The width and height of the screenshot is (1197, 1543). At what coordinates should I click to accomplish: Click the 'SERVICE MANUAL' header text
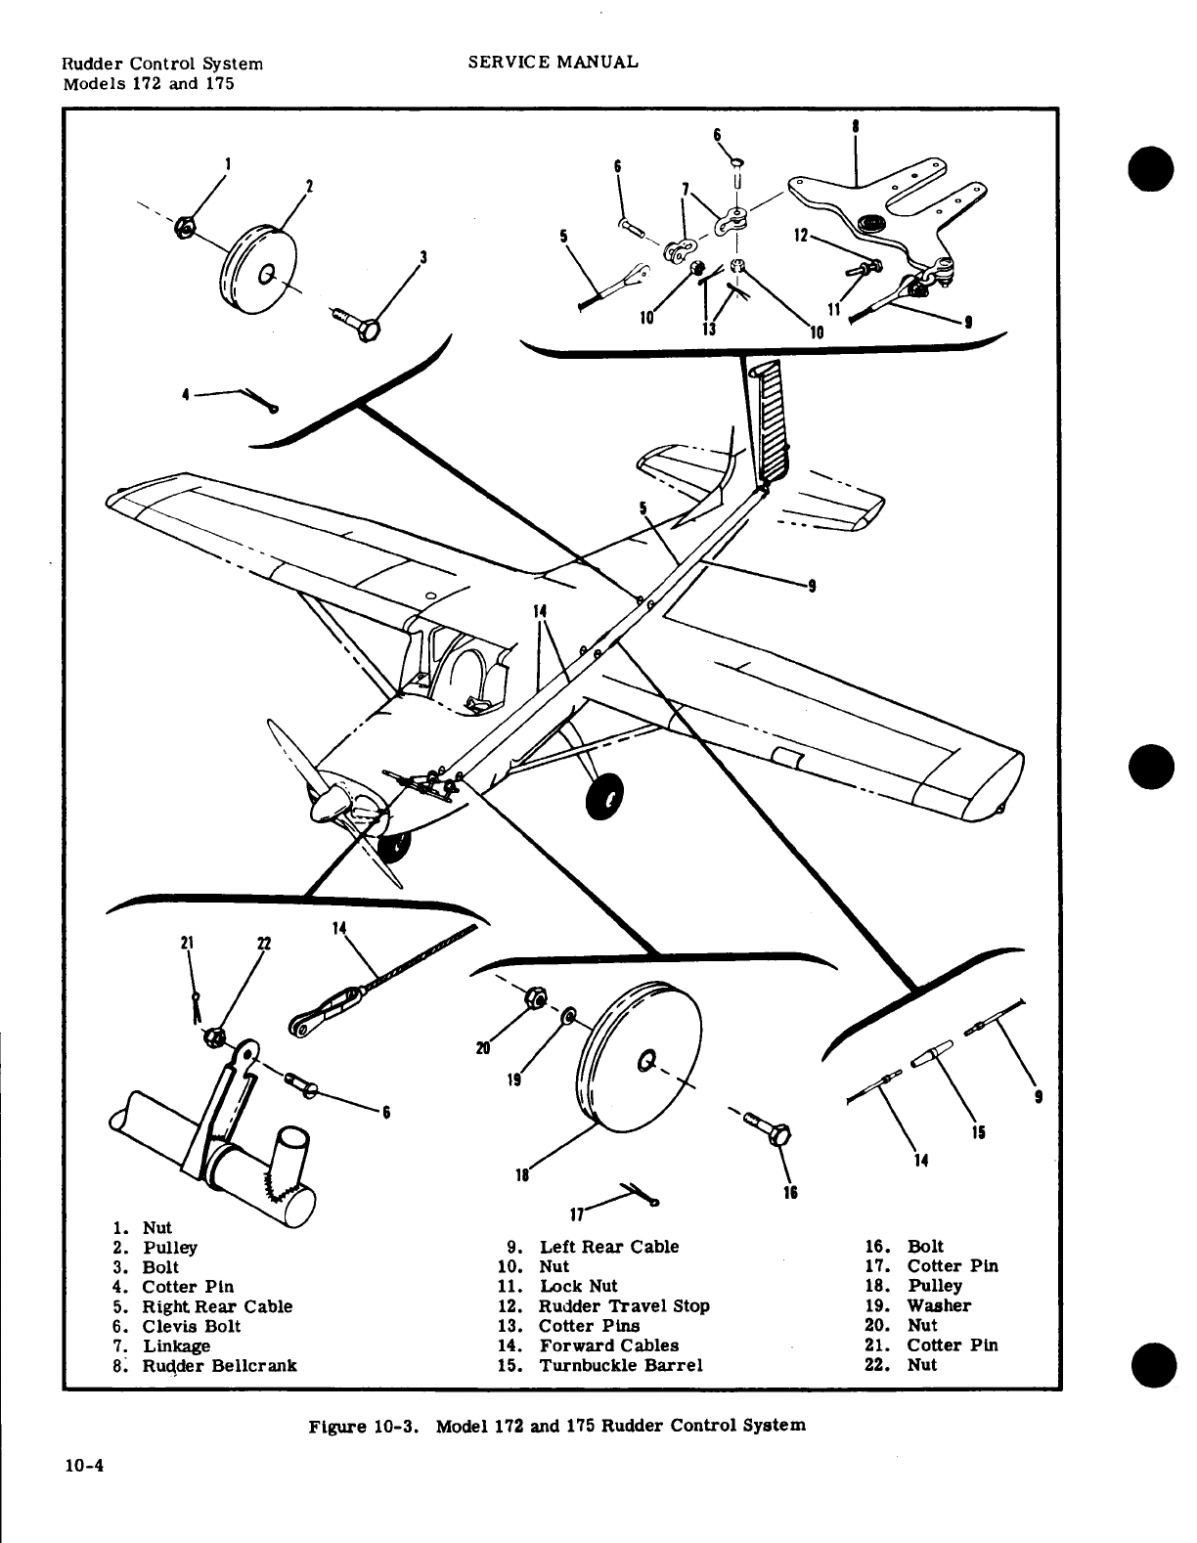click(x=553, y=62)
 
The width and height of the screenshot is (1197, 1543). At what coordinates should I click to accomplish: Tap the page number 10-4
click(x=83, y=1465)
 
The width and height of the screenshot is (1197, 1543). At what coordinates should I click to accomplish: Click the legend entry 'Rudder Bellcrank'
click(x=219, y=1365)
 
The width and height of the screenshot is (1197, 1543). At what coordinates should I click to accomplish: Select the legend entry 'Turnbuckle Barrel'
click(x=620, y=1365)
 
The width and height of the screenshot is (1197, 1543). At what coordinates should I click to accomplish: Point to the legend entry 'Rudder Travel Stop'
click(x=624, y=1305)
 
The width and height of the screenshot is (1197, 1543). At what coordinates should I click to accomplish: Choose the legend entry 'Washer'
click(x=939, y=1305)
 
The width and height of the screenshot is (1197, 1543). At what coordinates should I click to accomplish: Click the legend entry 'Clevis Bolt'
click(x=191, y=1326)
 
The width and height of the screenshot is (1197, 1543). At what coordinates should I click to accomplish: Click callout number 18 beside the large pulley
click(x=521, y=1174)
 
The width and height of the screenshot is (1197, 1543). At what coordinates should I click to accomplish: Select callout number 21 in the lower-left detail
click(x=186, y=944)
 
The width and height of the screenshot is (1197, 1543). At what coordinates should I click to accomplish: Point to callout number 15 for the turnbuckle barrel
click(x=979, y=1132)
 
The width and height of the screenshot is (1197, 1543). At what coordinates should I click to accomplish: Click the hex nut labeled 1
click(x=182, y=228)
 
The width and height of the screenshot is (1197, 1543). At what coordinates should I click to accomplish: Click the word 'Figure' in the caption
click(x=336, y=1425)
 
